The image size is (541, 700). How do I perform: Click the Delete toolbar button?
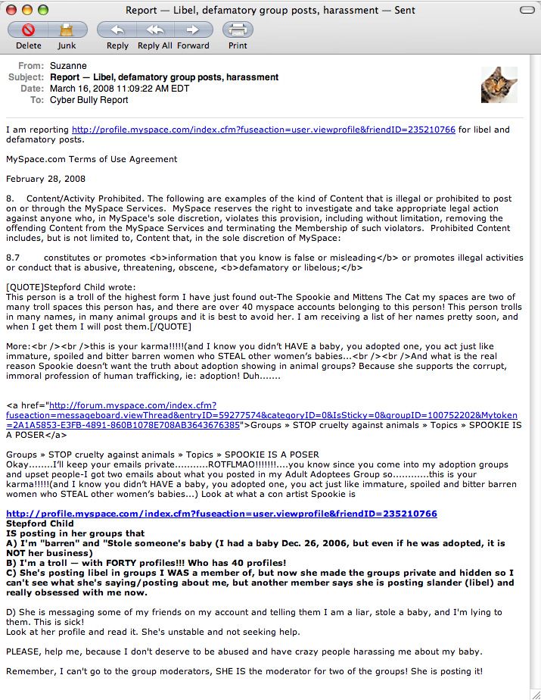(x=29, y=30)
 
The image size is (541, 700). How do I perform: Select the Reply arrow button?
(x=117, y=30)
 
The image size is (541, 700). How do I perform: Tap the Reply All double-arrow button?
(x=155, y=30)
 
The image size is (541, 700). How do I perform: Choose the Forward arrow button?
(x=193, y=30)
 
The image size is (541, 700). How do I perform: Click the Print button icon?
(x=238, y=30)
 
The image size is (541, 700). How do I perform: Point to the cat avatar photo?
(x=499, y=85)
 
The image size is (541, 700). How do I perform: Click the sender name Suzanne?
(x=68, y=66)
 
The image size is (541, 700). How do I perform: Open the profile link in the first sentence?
(x=263, y=130)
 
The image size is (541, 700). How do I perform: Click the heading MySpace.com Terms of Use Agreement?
(x=92, y=159)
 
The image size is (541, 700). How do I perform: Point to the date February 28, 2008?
(x=45, y=179)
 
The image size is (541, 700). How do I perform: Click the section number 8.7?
(x=13, y=258)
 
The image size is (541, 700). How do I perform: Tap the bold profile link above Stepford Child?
(x=221, y=514)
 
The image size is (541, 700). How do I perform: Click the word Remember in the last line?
(x=30, y=671)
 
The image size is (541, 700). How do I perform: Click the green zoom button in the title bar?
(x=42, y=10)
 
